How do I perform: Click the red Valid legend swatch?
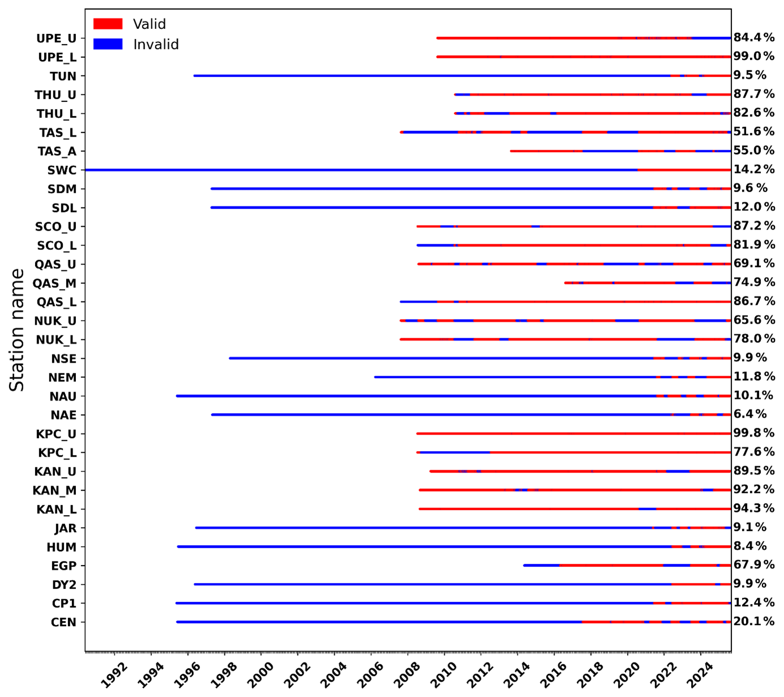coord(108,24)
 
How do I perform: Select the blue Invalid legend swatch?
coord(108,44)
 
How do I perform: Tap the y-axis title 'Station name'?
coord(17,330)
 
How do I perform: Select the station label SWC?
coord(62,170)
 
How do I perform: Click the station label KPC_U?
coord(56,434)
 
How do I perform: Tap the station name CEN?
coord(63,622)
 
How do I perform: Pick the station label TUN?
coord(63,76)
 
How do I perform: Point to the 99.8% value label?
coord(754,433)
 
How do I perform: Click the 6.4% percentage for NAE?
coord(750,414)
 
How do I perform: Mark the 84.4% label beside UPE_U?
coord(754,37)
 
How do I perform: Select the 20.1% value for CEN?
coord(754,621)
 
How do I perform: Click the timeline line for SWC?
coord(363,170)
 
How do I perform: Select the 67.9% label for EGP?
coord(754,564)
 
